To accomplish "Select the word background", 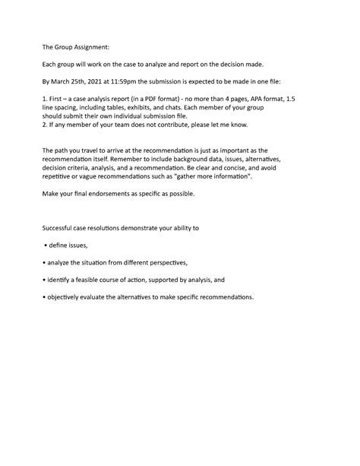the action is [x=216, y=160].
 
